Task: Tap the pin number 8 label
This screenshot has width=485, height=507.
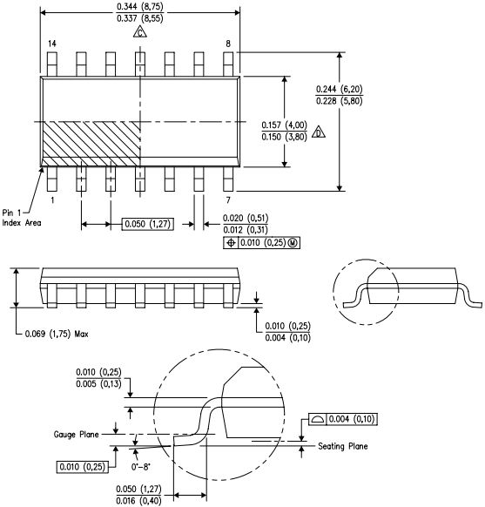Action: pos(228,44)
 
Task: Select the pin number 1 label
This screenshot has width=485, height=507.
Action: pos(52,200)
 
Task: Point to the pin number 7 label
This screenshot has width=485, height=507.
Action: pos(227,200)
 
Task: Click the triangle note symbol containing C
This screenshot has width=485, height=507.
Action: pos(139,33)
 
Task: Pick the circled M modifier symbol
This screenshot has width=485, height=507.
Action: pos(293,241)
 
